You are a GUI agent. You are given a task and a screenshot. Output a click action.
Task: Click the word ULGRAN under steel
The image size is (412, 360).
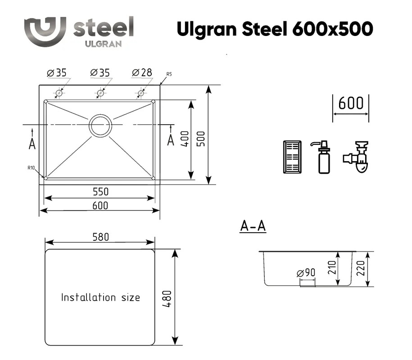[103, 44]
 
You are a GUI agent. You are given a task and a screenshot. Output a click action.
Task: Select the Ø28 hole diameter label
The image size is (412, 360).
[142, 72]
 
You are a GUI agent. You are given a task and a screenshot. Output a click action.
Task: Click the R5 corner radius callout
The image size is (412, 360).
[169, 74]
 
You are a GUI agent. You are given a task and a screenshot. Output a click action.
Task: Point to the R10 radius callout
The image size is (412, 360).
[31, 168]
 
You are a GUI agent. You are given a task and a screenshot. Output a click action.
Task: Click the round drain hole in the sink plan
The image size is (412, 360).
[100, 126]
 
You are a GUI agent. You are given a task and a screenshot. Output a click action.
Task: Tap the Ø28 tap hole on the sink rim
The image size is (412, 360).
[141, 93]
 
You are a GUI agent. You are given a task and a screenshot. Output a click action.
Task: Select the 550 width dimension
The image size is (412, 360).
[100, 192]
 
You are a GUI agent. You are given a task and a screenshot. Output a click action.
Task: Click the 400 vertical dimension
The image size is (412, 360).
[185, 139]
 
